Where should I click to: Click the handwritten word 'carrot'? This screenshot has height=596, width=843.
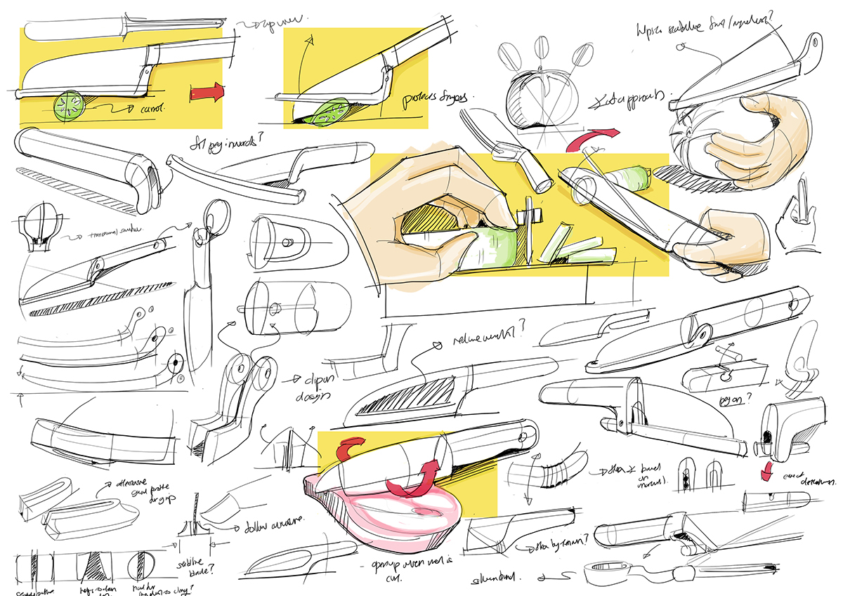(150, 110)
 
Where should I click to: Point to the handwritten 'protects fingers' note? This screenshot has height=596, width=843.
(430, 98)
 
